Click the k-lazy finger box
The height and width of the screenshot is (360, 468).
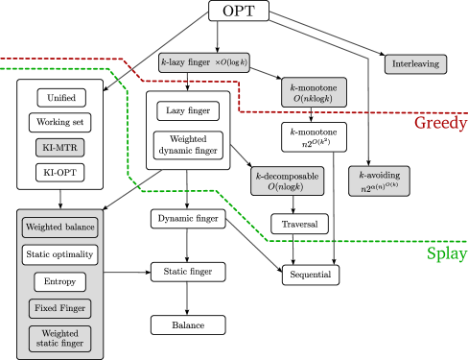204,62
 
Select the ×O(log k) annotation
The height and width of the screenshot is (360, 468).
231,62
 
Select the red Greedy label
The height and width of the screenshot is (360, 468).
440,123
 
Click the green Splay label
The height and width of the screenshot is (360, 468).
446,254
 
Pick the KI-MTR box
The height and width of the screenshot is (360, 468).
60,148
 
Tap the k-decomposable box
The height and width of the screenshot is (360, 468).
287,181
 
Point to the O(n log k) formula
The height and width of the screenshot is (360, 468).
286,188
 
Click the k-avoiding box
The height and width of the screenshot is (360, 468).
380,181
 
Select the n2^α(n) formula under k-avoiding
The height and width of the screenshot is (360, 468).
380,189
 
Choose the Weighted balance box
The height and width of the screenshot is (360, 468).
60,228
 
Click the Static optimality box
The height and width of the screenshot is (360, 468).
60,255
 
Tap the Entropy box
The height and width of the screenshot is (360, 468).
60,282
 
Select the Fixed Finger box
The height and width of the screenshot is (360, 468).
60,309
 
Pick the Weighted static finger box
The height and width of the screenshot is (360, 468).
60,338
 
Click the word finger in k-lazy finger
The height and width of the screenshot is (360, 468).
199,62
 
